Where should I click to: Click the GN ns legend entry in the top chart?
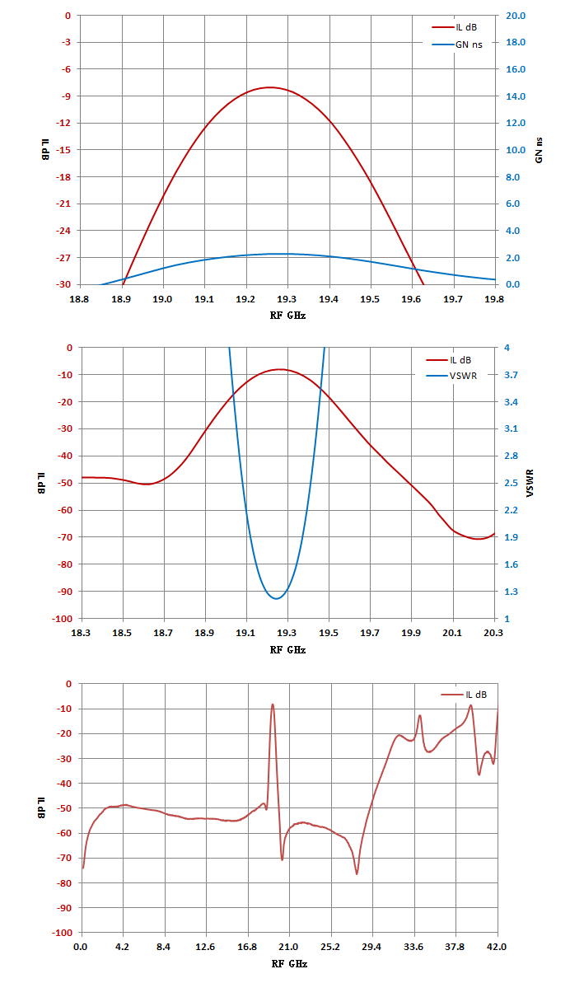pyautogui.click(x=457, y=44)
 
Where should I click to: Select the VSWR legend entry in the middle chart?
pyautogui.click(x=451, y=376)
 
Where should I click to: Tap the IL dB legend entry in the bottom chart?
pyautogui.click(x=464, y=695)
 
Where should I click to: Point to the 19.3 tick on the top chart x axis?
pyautogui.click(x=287, y=299)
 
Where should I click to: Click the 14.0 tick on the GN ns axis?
pyautogui.click(x=516, y=96)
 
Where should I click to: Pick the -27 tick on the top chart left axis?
pyautogui.click(x=63, y=258)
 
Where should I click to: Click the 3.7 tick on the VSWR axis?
pyautogui.click(x=511, y=375)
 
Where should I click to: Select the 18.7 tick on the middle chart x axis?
pyautogui.click(x=163, y=633)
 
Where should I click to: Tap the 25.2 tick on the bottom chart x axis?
pyautogui.click(x=330, y=947)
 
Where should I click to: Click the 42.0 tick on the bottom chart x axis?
pyautogui.click(x=497, y=947)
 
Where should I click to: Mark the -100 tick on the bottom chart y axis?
pyautogui.click(x=62, y=933)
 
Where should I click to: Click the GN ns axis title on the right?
pyautogui.click(x=539, y=150)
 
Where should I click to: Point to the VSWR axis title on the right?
pyautogui.click(x=530, y=483)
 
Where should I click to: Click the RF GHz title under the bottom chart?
pyautogui.click(x=289, y=963)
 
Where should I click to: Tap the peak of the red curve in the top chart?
pyautogui.click(x=270, y=87)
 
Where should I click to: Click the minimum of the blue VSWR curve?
pyautogui.click(x=276, y=599)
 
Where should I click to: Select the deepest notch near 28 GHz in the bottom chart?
pyautogui.click(x=357, y=873)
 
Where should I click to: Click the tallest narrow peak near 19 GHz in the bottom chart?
pyautogui.click(x=273, y=704)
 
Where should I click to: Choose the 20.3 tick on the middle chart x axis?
pyautogui.click(x=493, y=633)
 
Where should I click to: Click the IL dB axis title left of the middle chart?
pyautogui.click(x=41, y=483)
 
